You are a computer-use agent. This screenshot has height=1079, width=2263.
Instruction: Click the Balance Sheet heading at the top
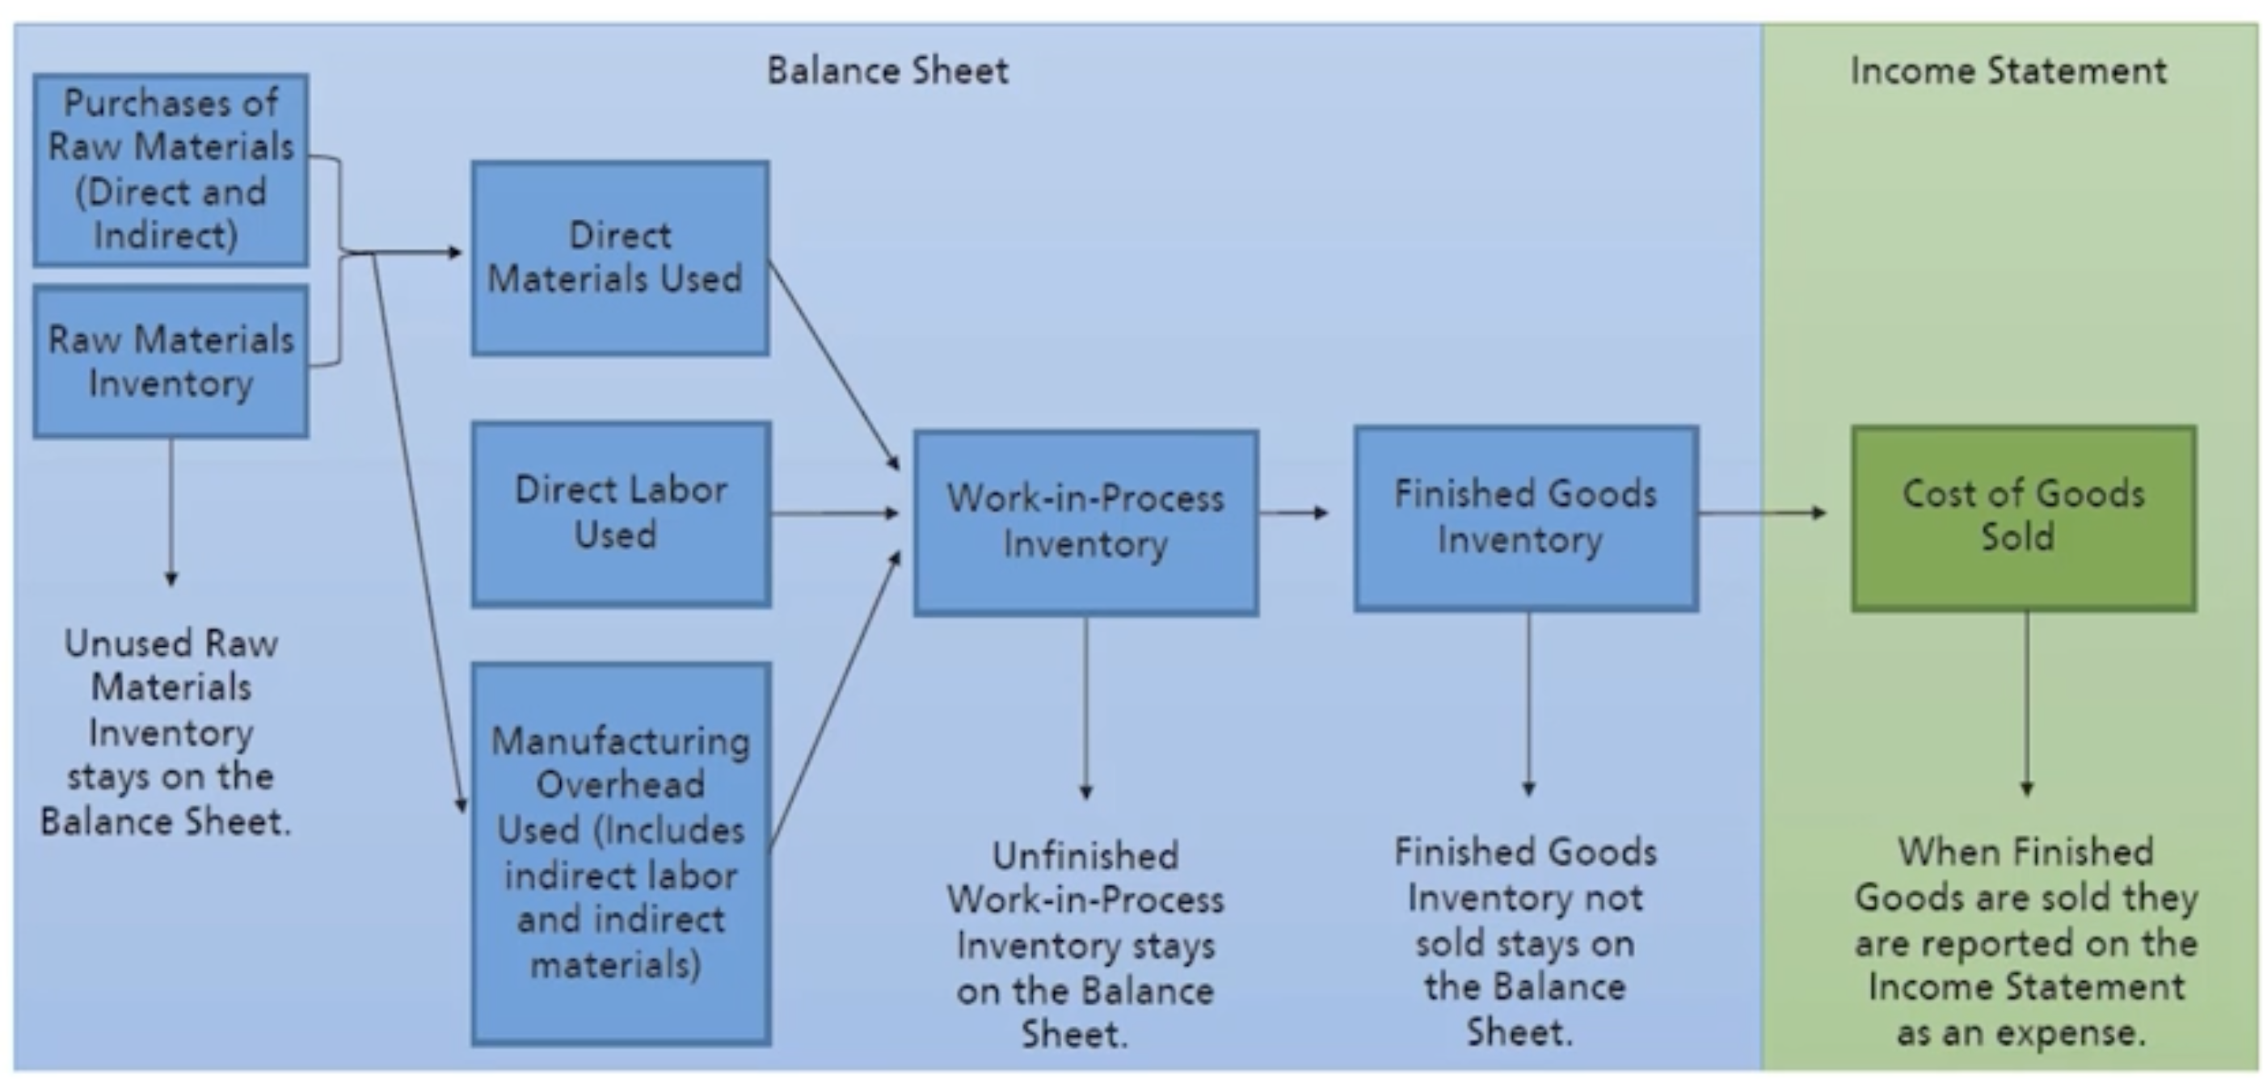pos(887,70)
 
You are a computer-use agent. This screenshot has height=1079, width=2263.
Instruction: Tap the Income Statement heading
pos(2008,70)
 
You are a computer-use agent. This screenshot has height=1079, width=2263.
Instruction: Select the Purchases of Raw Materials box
pos(171,170)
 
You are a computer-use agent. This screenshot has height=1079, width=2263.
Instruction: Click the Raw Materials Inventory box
pos(171,361)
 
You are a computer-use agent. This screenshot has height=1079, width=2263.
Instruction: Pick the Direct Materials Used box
pos(619,258)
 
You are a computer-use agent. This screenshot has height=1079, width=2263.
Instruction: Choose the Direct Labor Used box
pos(621,514)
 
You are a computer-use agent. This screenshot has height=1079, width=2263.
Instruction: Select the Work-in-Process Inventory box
pos(1085,522)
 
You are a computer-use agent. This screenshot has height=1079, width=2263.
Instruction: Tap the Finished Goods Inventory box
pos(1525,518)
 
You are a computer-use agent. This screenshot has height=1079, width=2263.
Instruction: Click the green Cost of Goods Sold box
pos(2023,518)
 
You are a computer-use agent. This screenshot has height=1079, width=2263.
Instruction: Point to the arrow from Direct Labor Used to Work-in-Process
pos(835,513)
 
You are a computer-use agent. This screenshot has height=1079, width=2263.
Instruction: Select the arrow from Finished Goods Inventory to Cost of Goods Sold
pos(1761,512)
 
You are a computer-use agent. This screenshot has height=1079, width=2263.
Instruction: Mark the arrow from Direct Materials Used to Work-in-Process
pos(832,363)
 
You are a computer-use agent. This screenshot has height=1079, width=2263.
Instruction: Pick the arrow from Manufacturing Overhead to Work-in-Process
pos(835,703)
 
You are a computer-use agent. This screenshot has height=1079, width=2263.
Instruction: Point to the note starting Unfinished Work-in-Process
pos(1085,944)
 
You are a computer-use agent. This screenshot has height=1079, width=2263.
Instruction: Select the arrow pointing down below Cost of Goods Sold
pos(2027,703)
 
